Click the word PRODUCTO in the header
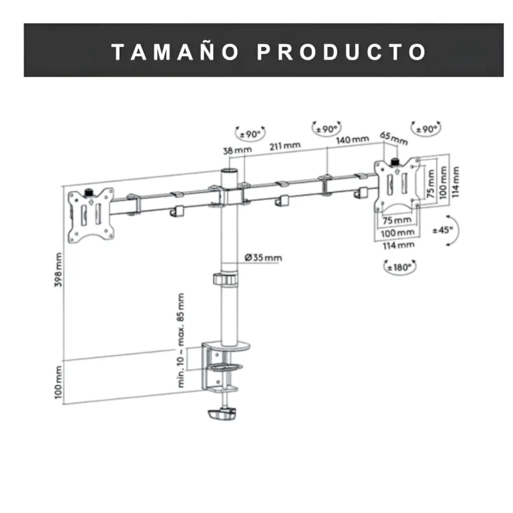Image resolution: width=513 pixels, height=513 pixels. (x=342, y=52)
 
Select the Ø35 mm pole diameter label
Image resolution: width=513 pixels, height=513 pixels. (x=264, y=258)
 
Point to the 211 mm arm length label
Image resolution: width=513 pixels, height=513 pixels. (x=285, y=146)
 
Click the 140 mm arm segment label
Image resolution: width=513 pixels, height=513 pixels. (x=352, y=139)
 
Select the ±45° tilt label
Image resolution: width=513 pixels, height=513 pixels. (x=442, y=230)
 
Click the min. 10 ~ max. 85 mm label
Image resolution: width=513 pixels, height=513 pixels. (x=181, y=340)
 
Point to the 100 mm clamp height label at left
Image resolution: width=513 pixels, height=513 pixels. (x=60, y=382)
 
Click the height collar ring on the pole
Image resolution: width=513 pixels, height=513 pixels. (x=225, y=279)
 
